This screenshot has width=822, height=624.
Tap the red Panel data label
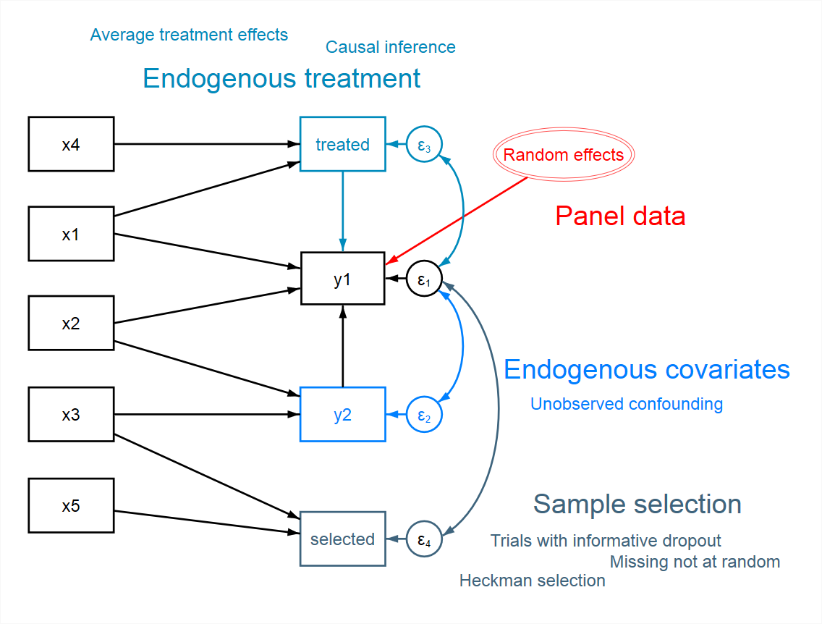(620, 216)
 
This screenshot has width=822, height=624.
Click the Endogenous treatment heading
(281, 79)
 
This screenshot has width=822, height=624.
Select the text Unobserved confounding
(627, 404)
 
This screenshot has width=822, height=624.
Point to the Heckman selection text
(532, 581)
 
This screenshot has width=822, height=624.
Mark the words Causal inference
(391, 47)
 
